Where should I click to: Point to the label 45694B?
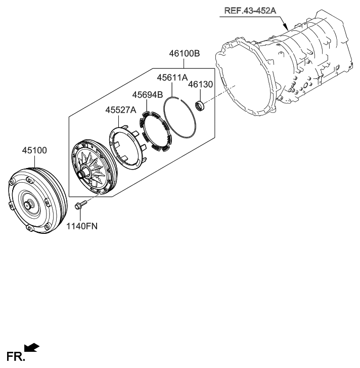point(148,94)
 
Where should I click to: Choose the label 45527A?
point(121,110)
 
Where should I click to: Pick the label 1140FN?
point(81,226)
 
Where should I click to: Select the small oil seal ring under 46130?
point(200,106)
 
